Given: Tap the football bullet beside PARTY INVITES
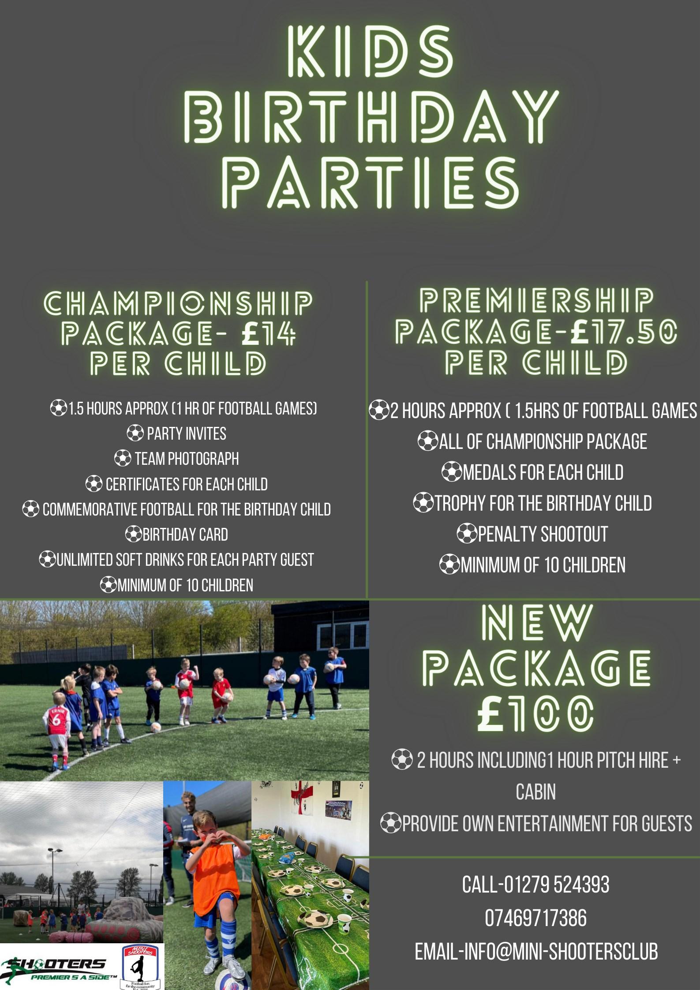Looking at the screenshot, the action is (135, 434).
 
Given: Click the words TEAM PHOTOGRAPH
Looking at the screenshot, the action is (187, 459).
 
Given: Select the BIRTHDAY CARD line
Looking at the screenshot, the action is (177, 535).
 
